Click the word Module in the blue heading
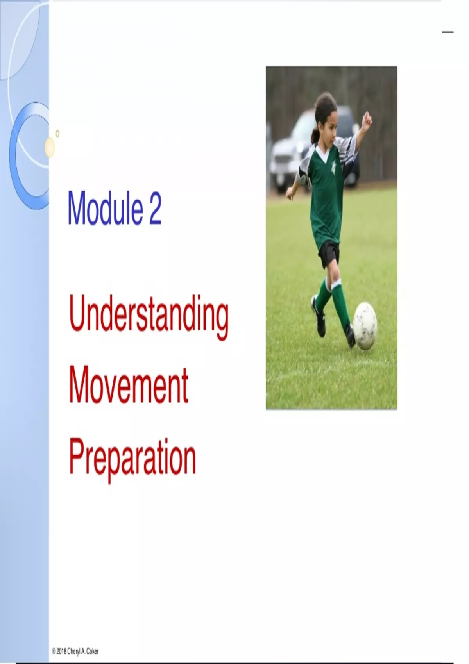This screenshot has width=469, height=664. click(x=105, y=208)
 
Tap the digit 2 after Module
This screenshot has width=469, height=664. click(x=155, y=208)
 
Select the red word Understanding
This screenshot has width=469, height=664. click(x=149, y=318)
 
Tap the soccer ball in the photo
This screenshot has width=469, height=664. click(x=365, y=326)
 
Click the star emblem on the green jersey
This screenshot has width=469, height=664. click(x=333, y=168)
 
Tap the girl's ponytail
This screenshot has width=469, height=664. click(x=315, y=135)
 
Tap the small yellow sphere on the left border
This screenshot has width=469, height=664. click(x=50, y=147)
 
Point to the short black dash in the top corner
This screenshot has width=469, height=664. click(x=448, y=32)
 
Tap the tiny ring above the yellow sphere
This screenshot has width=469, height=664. click(x=57, y=134)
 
